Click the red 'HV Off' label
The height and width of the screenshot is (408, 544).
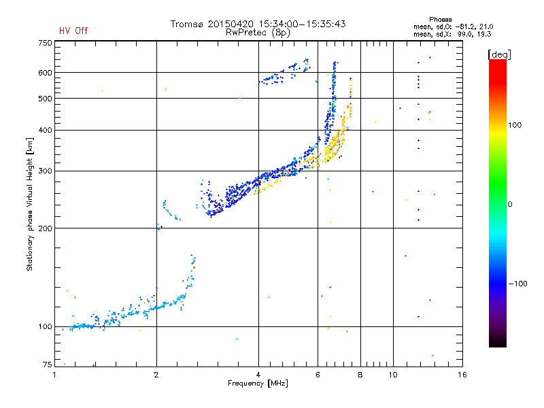tap(73, 31)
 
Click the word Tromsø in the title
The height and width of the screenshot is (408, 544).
tap(187, 24)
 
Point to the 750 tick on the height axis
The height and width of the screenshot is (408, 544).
tap(44, 43)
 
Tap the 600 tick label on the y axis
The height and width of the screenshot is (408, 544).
tap(44, 73)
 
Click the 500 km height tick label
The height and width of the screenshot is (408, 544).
tap(44, 99)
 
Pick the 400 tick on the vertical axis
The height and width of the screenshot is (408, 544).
tap(44, 130)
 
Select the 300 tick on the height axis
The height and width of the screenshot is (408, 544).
tap(44, 171)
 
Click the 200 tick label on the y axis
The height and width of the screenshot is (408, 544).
tap(44, 228)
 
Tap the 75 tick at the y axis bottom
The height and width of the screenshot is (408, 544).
tap(46, 365)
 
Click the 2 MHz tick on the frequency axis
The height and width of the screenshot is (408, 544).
tap(156, 375)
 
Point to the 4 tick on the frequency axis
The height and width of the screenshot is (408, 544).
tap(258, 375)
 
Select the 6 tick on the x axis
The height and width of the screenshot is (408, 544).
tap(318, 375)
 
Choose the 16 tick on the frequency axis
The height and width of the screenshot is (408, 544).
tap(462, 375)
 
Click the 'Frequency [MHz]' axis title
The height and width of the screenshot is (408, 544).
tap(258, 384)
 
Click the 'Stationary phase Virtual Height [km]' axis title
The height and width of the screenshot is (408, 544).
tap(30, 204)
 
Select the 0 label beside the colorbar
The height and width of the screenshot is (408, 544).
tap(511, 204)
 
